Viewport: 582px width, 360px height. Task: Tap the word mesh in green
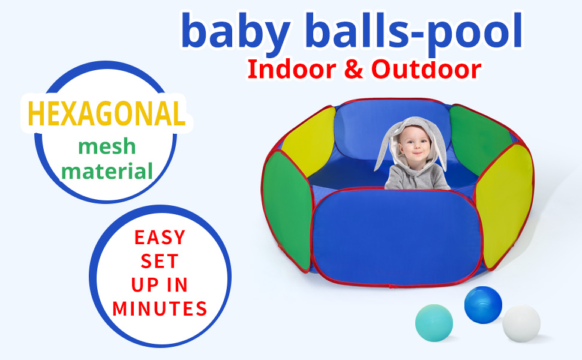[107, 147]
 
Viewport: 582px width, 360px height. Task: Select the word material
[107, 172]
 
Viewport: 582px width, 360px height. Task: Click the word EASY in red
[160, 238]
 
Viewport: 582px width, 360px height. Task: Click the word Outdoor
[426, 70]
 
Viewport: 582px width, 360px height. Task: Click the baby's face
[414, 147]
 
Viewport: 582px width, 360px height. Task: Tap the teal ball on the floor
[434, 323]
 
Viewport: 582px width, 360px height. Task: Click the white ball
[521, 323]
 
